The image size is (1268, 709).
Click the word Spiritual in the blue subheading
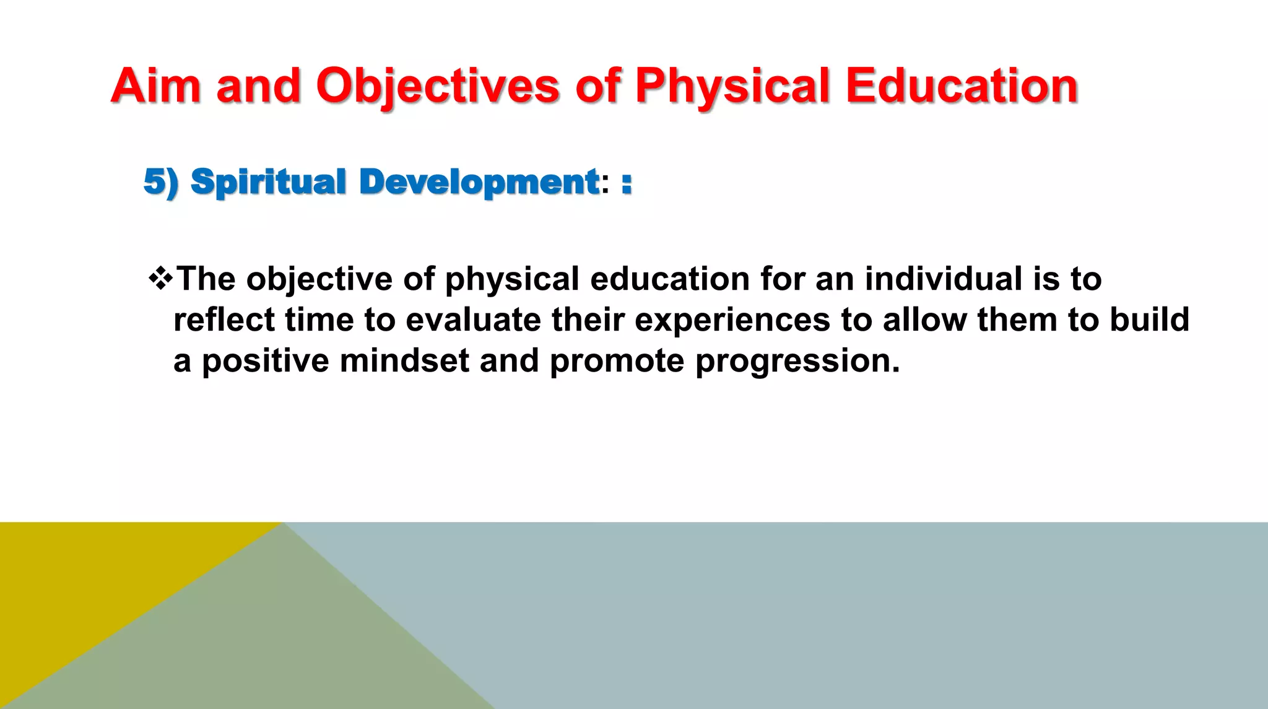[x=268, y=183]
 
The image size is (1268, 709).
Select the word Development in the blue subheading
[x=479, y=183]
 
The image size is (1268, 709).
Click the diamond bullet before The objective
[x=160, y=278]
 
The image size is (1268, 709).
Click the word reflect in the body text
[x=224, y=320]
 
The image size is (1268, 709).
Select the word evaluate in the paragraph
[x=473, y=320]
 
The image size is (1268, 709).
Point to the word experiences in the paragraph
[x=732, y=320]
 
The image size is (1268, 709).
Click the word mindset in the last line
[x=404, y=360]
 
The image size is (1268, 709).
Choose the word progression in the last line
[x=797, y=362]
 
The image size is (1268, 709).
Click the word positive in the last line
[x=266, y=360]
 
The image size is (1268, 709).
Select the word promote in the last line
[x=617, y=360]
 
